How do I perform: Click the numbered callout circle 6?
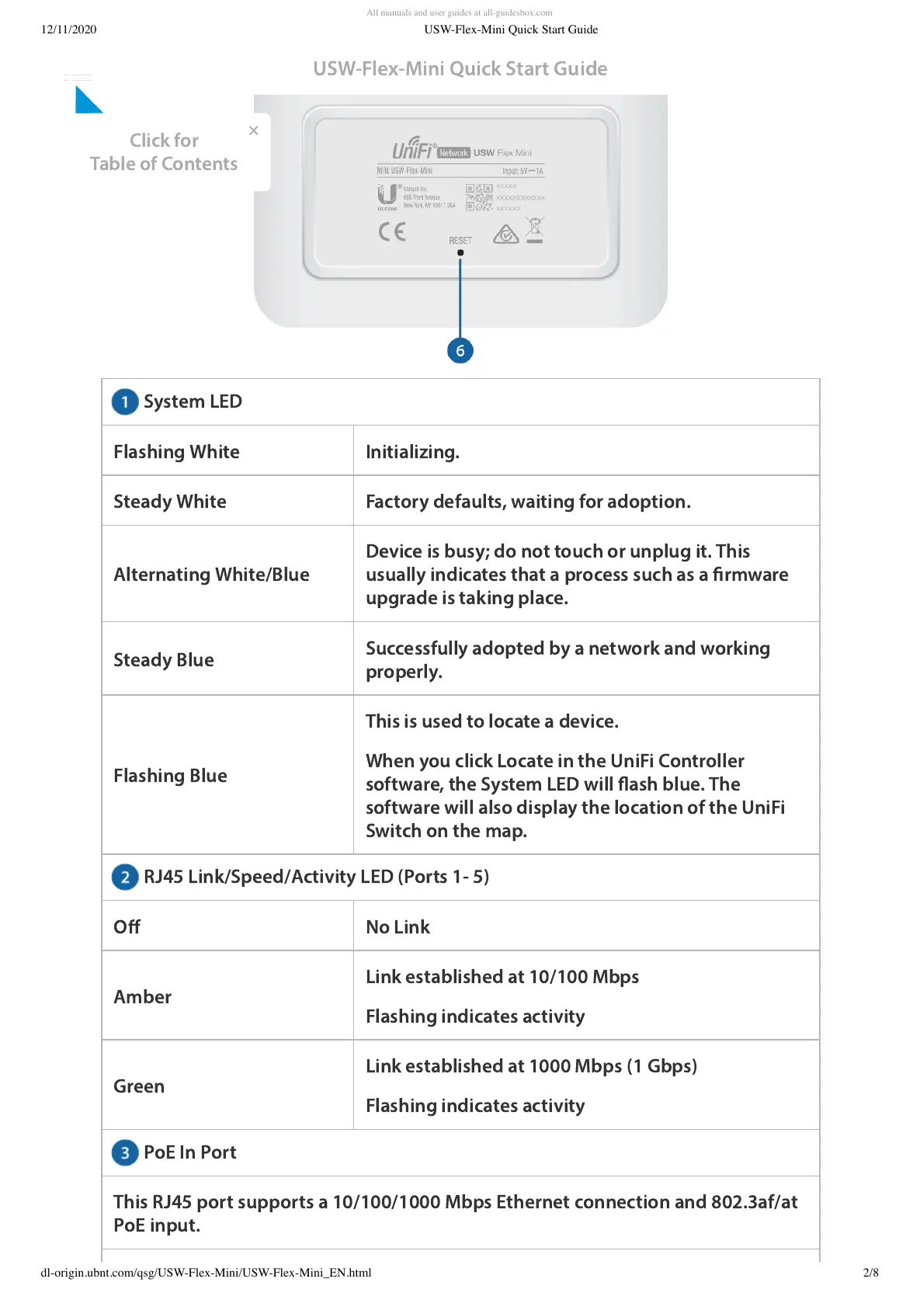click(x=460, y=351)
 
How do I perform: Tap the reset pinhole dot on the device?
click(x=460, y=252)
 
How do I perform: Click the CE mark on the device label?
click(x=392, y=231)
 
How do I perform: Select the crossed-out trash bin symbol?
click(x=534, y=230)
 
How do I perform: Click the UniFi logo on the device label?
click(x=413, y=148)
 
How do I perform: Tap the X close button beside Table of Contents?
click(x=253, y=130)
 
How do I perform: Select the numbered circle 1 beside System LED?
click(x=124, y=402)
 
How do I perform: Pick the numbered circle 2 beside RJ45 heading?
click(x=124, y=877)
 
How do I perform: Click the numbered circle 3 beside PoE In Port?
click(x=124, y=1152)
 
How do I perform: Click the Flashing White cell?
click(x=176, y=452)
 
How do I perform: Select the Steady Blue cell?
click(x=164, y=660)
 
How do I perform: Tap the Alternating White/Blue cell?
click(x=211, y=575)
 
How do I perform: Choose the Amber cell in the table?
click(x=143, y=997)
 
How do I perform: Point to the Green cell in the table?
click(x=139, y=1086)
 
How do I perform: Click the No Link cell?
click(x=398, y=927)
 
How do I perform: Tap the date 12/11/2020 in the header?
click(x=69, y=30)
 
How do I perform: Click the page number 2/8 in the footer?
click(x=870, y=1273)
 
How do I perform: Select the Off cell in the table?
click(x=127, y=927)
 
